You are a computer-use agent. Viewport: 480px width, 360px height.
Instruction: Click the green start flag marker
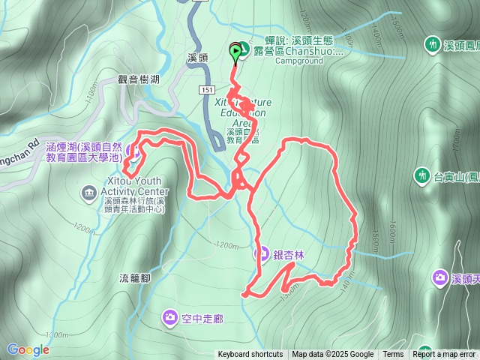236,52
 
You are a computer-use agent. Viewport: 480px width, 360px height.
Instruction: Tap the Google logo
28,349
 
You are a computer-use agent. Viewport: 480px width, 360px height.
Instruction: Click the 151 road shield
208,89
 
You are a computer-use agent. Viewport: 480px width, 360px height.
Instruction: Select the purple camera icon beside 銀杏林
262,254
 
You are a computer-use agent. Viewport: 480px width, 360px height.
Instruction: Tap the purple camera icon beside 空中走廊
170,319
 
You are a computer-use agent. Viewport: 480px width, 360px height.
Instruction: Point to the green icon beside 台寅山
422,177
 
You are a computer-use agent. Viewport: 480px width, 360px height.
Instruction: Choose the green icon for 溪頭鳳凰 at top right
433,45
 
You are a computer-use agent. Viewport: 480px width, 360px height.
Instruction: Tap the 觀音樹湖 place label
139,79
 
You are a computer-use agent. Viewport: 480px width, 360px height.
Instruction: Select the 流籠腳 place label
136,277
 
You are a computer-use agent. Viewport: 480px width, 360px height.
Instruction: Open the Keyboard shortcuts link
250,355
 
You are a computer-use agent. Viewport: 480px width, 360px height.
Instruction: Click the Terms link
393,355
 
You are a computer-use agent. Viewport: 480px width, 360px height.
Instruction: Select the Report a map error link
444,355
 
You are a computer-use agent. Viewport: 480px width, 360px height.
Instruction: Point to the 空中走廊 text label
202,319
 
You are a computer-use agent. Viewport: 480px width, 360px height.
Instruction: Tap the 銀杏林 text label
289,255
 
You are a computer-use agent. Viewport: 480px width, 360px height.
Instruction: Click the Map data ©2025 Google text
332,355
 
